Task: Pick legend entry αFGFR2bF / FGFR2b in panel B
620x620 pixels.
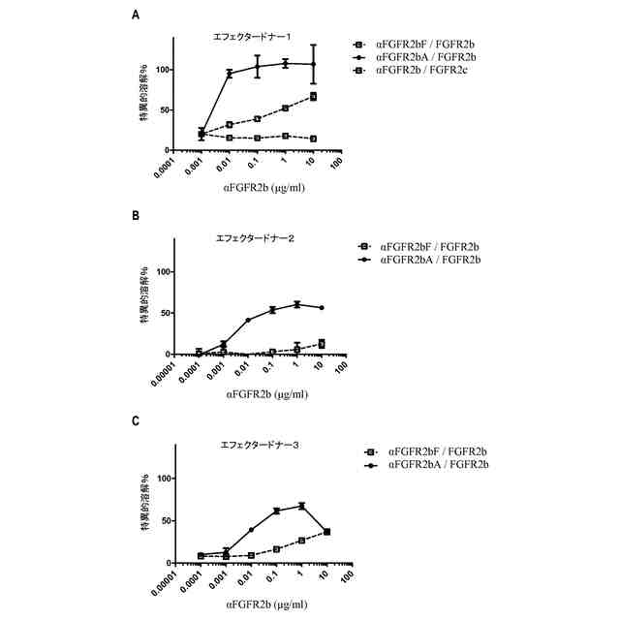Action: (x=432, y=246)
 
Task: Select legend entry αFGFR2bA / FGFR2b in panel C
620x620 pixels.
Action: (x=438, y=465)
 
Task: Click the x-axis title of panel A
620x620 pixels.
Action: (x=258, y=190)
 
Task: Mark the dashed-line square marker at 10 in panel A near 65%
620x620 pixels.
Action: (x=314, y=97)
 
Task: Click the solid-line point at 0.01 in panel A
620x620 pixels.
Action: (x=230, y=74)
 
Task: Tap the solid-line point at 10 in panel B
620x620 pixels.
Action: (x=322, y=308)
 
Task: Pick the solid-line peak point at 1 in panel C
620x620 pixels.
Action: (x=302, y=506)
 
